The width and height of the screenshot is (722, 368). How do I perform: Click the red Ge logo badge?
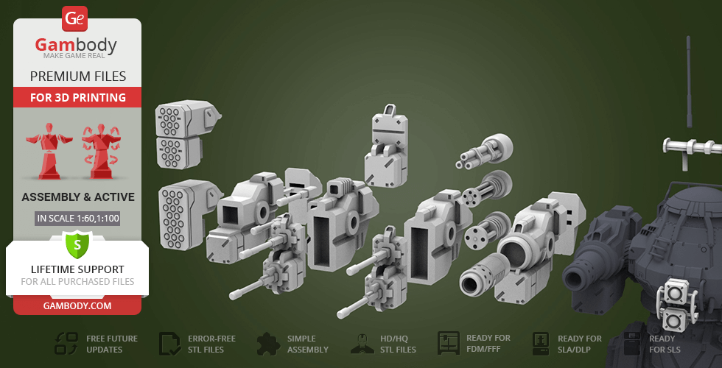74,19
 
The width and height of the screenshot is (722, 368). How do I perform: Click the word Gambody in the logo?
76,45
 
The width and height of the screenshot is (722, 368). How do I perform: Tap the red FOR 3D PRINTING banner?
78,97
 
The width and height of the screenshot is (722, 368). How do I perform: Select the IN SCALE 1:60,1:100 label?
77,219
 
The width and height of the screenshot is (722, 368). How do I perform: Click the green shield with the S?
77,244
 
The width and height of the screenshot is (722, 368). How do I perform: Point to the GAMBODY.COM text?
77,306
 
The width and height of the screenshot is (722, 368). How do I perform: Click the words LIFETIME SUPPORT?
77,269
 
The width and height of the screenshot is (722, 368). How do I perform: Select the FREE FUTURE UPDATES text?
112,344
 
